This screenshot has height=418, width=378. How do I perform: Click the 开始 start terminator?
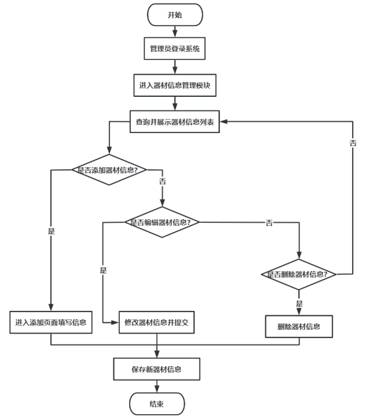click(x=174, y=15)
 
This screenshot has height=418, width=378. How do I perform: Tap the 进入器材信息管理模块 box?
click(x=174, y=85)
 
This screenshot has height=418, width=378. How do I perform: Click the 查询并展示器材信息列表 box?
click(x=174, y=122)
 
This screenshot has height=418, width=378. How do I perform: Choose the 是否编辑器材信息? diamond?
click(x=165, y=222)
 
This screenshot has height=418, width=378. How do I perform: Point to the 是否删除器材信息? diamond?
click(x=299, y=274)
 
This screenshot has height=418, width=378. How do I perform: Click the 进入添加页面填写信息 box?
click(x=51, y=322)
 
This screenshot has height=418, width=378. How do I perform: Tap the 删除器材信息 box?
click(x=298, y=327)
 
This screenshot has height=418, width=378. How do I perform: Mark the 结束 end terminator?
click(x=157, y=404)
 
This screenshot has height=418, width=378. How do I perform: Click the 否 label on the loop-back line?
click(x=353, y=143)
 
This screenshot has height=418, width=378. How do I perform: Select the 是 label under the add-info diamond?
click(x=51, y=231)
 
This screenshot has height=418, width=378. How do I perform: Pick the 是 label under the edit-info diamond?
click(x=103, y=270)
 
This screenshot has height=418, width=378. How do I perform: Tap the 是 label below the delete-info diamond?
click(x=299, y=303)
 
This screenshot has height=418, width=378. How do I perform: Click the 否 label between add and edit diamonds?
click(x=162, y=181)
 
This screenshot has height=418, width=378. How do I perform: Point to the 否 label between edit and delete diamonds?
click(x=269, y=223)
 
